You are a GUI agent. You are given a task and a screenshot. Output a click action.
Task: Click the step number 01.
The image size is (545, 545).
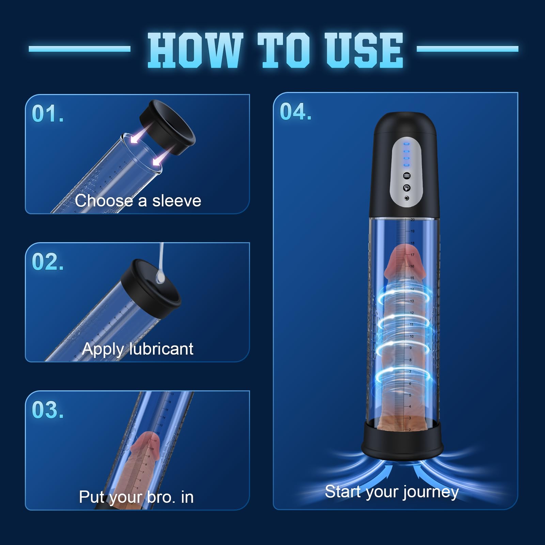47,114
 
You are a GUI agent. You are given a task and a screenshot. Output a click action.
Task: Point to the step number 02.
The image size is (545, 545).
47,262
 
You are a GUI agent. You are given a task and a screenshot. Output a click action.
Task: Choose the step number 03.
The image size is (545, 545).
47,410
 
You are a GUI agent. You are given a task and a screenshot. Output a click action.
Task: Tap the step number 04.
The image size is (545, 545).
295,112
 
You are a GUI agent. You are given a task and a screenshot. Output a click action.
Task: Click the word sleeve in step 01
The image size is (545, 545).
176,201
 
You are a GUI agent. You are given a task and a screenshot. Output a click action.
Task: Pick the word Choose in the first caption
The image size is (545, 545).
104,201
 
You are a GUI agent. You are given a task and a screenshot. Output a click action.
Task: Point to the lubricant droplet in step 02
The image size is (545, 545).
160,278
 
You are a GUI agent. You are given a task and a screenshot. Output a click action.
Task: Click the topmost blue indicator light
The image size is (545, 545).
406,144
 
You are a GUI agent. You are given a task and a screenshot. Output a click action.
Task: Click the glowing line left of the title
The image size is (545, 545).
79,49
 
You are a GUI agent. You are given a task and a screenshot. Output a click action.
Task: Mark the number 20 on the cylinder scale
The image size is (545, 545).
412,220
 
